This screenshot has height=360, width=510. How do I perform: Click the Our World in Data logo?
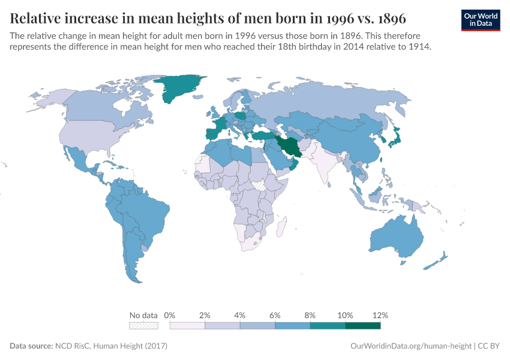[x=480, y=19]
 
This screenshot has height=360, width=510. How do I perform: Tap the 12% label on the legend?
[x=380, y=315]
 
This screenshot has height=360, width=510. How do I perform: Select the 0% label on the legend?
[x=170, y=315]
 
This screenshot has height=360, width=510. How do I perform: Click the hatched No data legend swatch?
[x=144, y=326]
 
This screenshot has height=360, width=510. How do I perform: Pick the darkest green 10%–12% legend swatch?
[x=363, y=326]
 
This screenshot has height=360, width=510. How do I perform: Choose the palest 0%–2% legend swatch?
[x=187, y=326]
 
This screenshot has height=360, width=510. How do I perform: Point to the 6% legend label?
[x=275, y=315]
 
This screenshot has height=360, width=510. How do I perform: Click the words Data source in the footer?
[x=31, y=346]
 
